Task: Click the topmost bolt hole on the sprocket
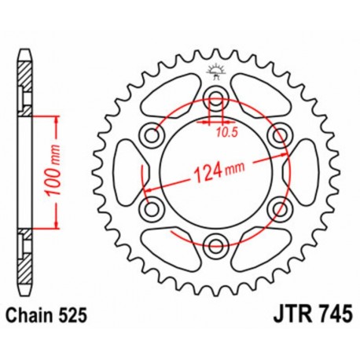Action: click(x=213, y=98)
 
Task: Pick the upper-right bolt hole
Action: click(x=275, y=134)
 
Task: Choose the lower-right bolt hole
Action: click(x=275, y=207)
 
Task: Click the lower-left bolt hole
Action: click(x=151, y=207)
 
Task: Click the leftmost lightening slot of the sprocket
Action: click(x=126, y=171)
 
